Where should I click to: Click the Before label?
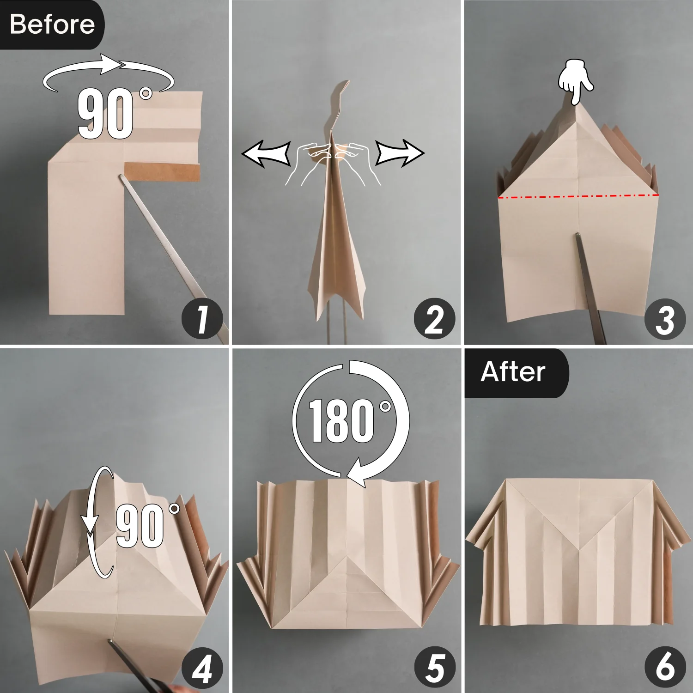[x=52, y=24]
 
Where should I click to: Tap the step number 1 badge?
[x=202, y=319]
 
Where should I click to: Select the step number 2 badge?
[x=434, y=319]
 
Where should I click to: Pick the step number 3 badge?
[x=665, y=319]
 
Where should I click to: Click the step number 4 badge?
[x=202, y=668]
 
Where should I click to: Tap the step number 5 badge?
[x=434, y=668]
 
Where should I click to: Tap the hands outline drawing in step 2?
[x=333, y=162]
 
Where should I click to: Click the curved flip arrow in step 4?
[x=98, y=522]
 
